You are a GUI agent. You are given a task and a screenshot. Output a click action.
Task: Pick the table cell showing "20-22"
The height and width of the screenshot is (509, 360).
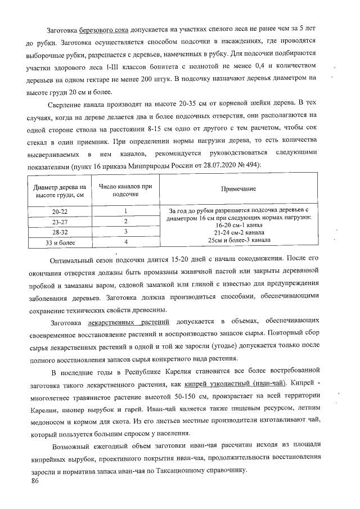point(58,212)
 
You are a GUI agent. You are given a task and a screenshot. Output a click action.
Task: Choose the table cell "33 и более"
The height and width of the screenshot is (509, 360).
point(58,242)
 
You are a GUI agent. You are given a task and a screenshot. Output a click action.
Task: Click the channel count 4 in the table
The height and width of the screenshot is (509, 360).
point(125,242)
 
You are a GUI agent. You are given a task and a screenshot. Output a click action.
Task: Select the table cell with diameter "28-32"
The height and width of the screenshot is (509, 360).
point(58,232)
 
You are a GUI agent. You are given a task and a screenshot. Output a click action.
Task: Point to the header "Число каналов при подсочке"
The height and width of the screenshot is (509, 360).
point(125,189)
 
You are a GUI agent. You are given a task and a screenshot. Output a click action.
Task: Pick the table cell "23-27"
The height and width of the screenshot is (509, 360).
point(58,222)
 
